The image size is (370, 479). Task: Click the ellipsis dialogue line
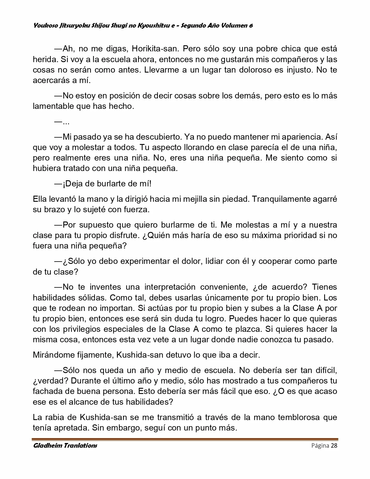pos(62,122)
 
